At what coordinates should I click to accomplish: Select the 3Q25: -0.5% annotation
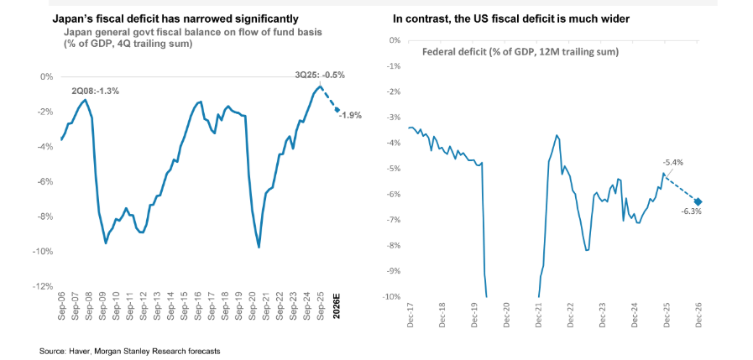click(x=320, y=75)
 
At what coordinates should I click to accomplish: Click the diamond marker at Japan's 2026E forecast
click(x=337, y=109)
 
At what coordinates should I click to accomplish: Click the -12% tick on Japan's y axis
click(x=42, y=287)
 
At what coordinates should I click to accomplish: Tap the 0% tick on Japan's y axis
click(x=47, y=76)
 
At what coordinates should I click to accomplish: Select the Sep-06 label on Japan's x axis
click(x=61, y=310)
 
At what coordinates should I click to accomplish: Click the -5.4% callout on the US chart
click(x=672, y=162)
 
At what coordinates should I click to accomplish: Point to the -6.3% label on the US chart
click(x=691, y=211)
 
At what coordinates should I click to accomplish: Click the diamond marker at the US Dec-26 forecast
click(x=698, y=201)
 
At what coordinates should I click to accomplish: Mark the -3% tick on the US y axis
click(x=390, y=117)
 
